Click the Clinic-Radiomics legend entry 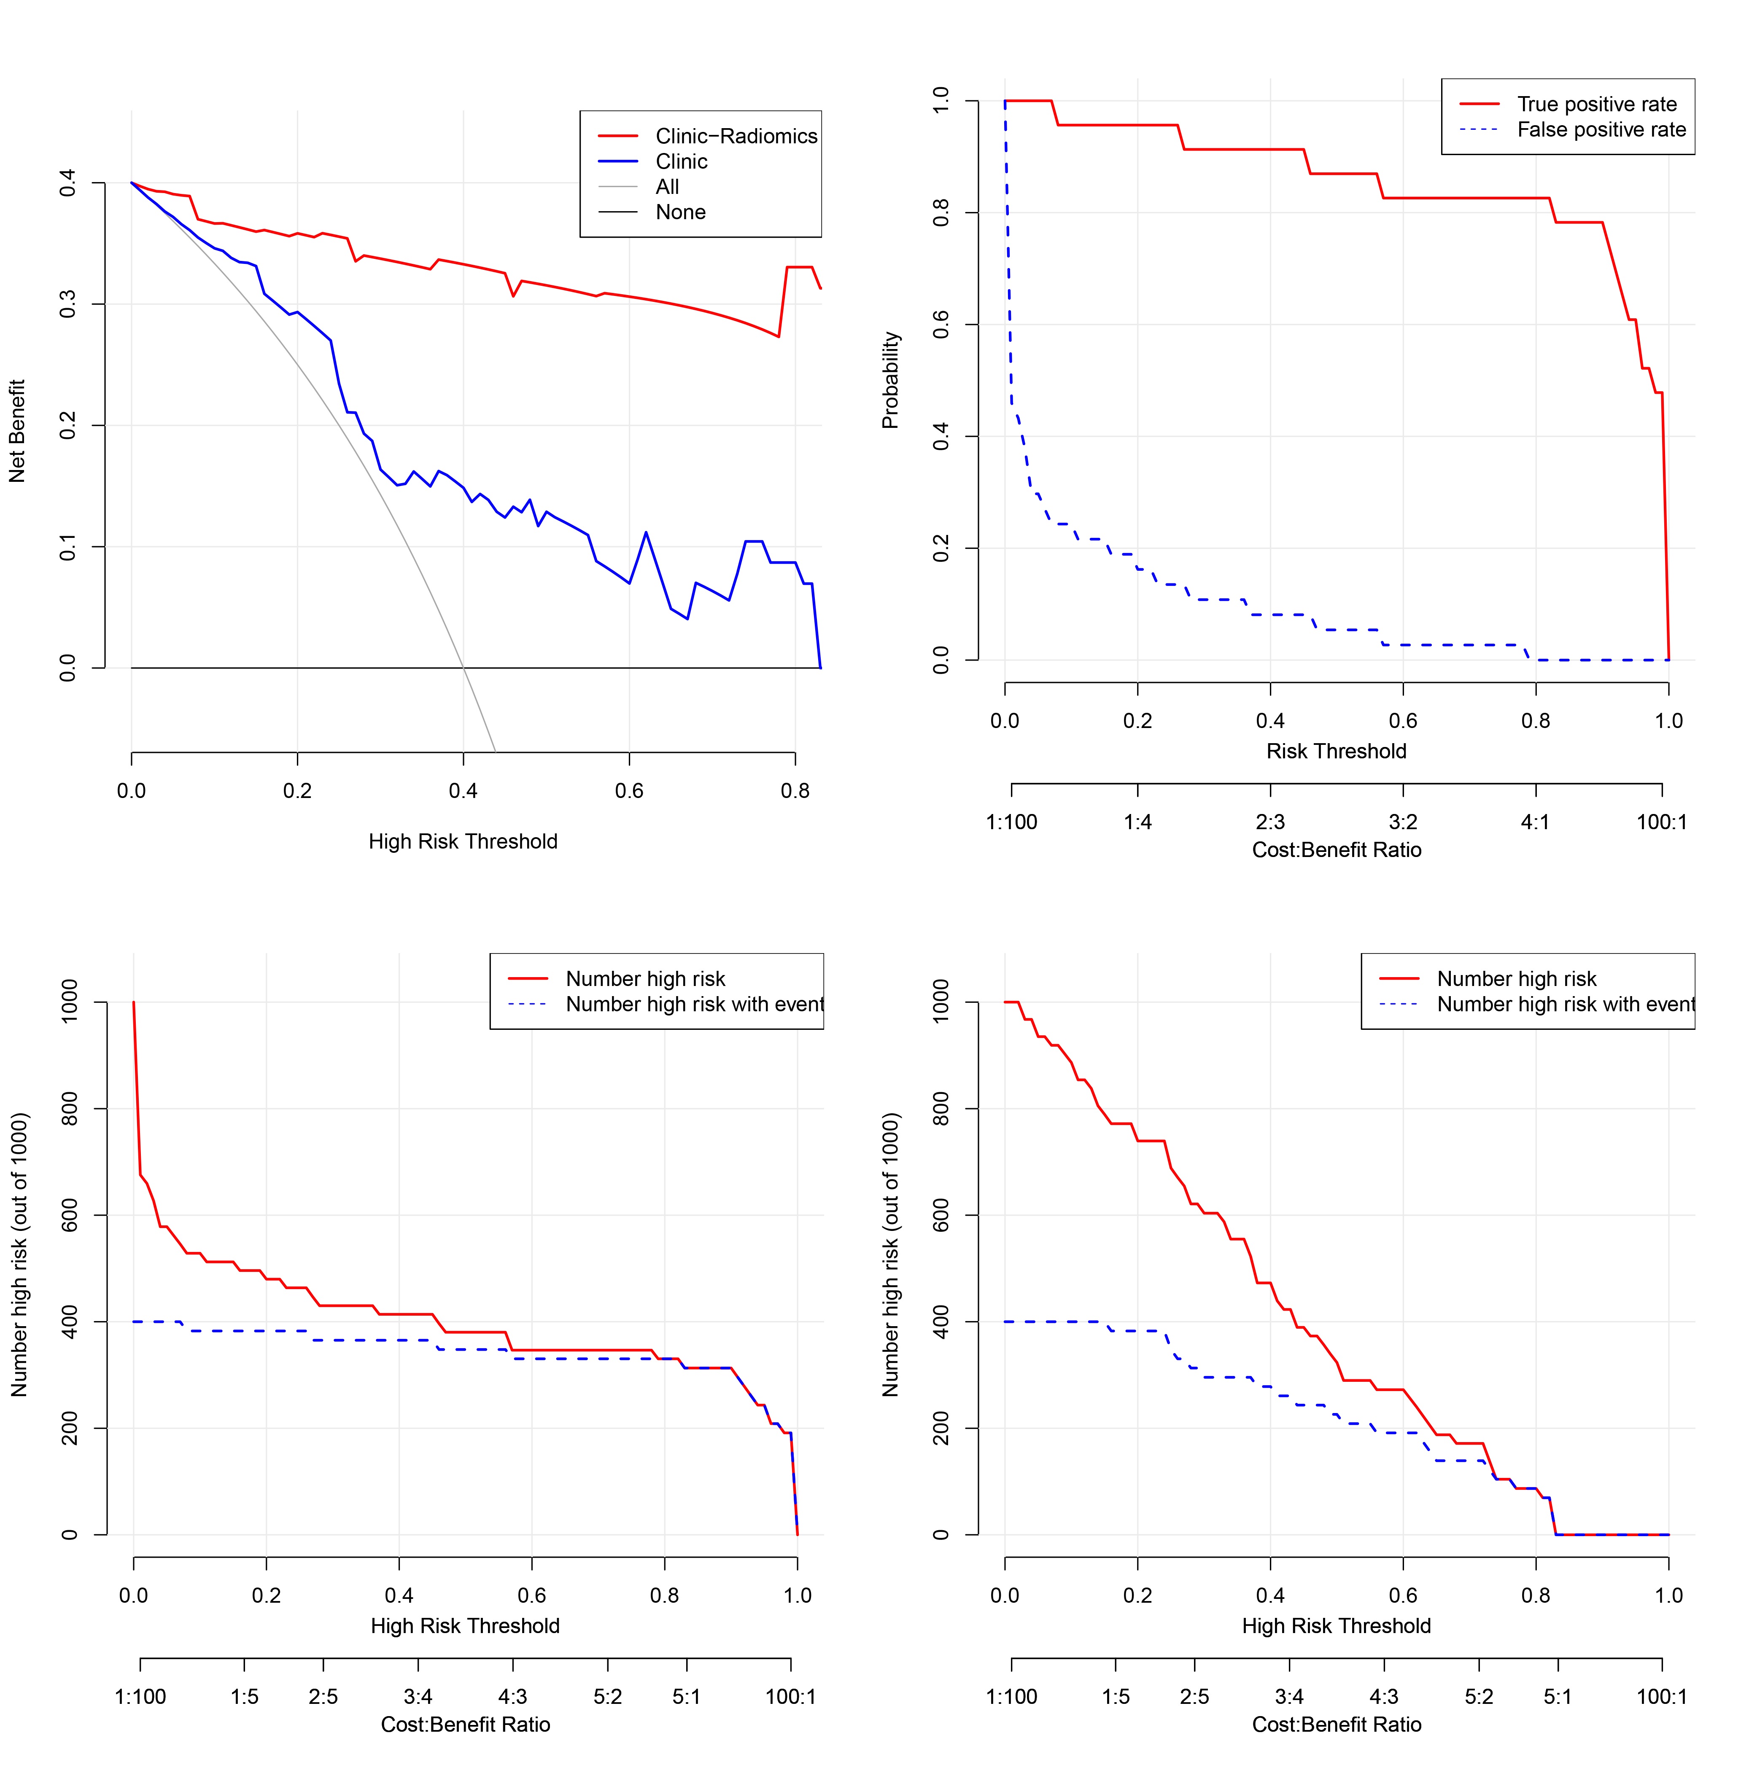coord(736,136)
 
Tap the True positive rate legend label coord(1596,104)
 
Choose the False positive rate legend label coord(1601,130)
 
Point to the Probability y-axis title coord(890,380)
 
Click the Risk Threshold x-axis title coord(1336,751)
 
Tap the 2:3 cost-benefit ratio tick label coord(1270,822)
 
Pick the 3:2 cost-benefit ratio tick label coord(1403,822)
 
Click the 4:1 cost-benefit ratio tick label coord(1535,822)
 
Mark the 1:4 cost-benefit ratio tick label coord(1138,822)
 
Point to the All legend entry coord(667,186)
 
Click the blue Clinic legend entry coord(681,162)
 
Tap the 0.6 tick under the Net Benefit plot coord(629,791)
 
